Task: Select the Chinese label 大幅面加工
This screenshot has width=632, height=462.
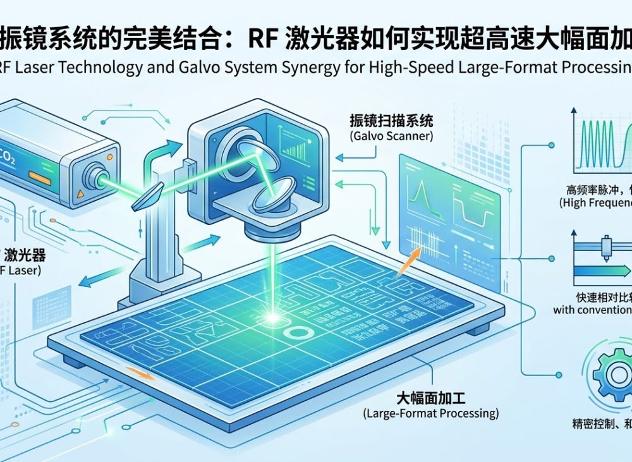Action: [x=431, y=398]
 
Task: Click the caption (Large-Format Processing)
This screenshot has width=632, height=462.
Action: [x=431, y=413]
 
